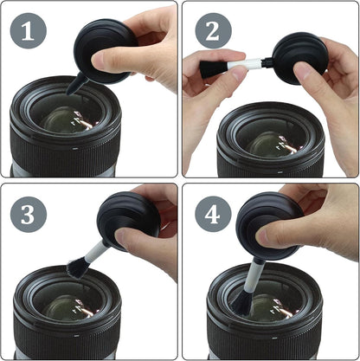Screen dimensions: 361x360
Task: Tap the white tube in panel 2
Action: pos(251,64)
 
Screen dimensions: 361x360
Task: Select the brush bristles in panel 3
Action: pos(75,264)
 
